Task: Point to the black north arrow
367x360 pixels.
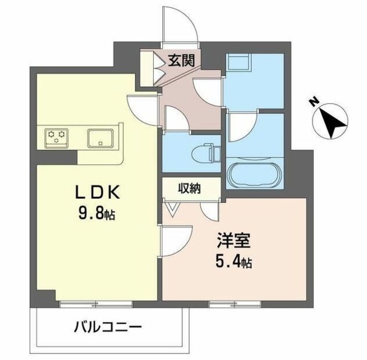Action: coord(331,121)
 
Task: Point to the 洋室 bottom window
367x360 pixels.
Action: coord(225,301)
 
